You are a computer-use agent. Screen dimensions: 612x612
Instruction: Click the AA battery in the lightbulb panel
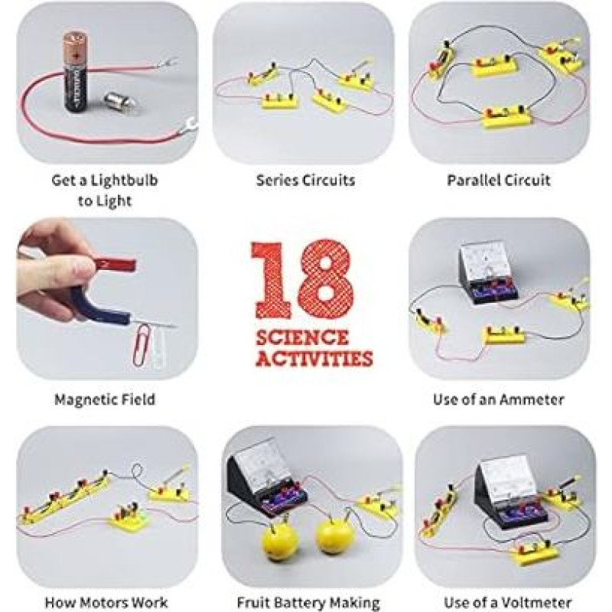pos(76,73)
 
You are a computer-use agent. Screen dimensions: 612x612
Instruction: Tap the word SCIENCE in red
pos(302,337)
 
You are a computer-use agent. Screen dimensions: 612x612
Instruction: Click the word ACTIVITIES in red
pos(314,358)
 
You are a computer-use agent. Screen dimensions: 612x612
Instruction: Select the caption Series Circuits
pos(305,181)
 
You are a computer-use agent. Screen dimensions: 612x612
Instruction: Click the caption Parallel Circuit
pos(499,181)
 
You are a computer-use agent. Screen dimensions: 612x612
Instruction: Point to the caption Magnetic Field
pos(105,399)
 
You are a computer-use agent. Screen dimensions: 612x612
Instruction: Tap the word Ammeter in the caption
pos(532,399)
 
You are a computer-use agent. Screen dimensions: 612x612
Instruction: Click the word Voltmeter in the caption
pos(536,602)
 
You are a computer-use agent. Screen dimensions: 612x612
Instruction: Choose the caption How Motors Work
pos(106,602)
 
